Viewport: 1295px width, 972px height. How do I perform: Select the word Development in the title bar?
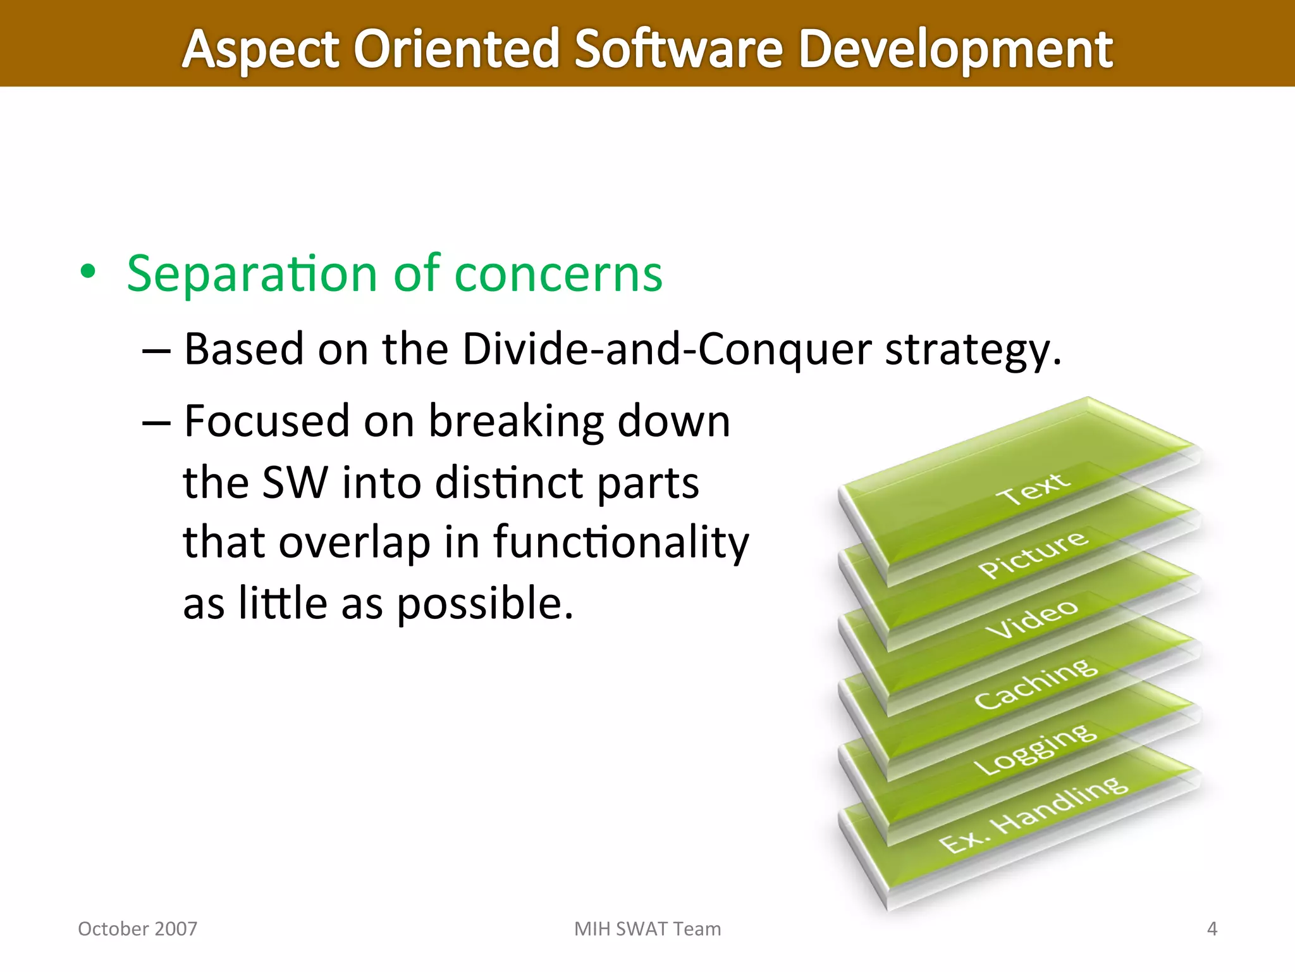[955, 49]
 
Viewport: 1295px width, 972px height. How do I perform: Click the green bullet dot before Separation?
[89, 272]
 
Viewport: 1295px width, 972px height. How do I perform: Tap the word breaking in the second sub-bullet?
[516, 421]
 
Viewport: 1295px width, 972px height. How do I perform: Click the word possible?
[484, 603]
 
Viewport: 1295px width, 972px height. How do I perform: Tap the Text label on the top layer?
[1034, 489]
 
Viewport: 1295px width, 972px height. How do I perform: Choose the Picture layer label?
[1033, 553]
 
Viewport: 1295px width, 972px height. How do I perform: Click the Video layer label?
[1032, 618]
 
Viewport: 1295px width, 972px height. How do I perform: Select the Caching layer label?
[1036, 683]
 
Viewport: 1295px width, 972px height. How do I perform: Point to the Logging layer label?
[1036, 749]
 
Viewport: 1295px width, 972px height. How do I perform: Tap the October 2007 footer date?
[137, 928]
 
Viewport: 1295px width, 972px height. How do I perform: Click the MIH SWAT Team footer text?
[647, 928]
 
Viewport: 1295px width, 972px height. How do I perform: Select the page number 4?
[1212, 928]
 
